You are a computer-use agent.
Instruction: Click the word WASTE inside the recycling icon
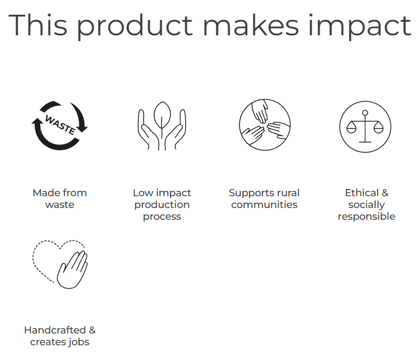60,125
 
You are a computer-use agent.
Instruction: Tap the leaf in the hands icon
162,115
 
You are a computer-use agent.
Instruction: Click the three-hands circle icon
265,125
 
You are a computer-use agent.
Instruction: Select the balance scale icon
365,127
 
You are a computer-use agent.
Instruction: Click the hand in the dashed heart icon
73,270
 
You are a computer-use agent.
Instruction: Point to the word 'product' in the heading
134,26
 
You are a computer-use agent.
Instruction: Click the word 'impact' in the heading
360,26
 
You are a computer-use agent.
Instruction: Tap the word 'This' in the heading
38,25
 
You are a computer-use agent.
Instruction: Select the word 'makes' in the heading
251,25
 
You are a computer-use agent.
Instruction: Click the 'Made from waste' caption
60,199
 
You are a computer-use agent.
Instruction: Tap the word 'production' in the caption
162,205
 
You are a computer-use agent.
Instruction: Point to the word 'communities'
264,204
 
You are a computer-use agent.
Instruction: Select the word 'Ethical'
362,193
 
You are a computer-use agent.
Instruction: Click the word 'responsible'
366,216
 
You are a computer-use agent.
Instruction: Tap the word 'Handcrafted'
55,330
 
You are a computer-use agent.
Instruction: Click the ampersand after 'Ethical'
385,193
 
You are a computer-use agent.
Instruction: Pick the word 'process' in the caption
162,217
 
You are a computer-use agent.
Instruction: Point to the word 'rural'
288,193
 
